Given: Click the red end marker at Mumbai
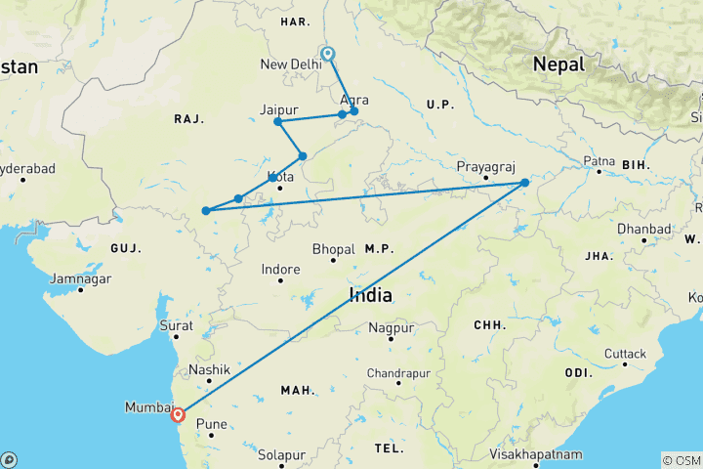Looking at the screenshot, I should point(178,414).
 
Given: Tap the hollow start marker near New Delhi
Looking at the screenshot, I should point(328,54).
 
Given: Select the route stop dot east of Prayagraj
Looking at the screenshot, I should point(524,183).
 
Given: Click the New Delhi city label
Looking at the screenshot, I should point(291,64).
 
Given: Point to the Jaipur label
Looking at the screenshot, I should point(278,108).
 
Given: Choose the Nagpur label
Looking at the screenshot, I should point(392,328).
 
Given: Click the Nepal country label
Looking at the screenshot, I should point(559,64).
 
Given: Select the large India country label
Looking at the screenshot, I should point(371,294).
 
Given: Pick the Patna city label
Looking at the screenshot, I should point(600,160).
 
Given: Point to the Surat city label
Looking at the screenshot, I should point(176,325).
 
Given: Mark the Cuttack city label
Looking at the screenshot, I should point(625,354).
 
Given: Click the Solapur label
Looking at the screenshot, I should point(282,454).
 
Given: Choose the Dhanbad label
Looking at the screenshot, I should point(644,229).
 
